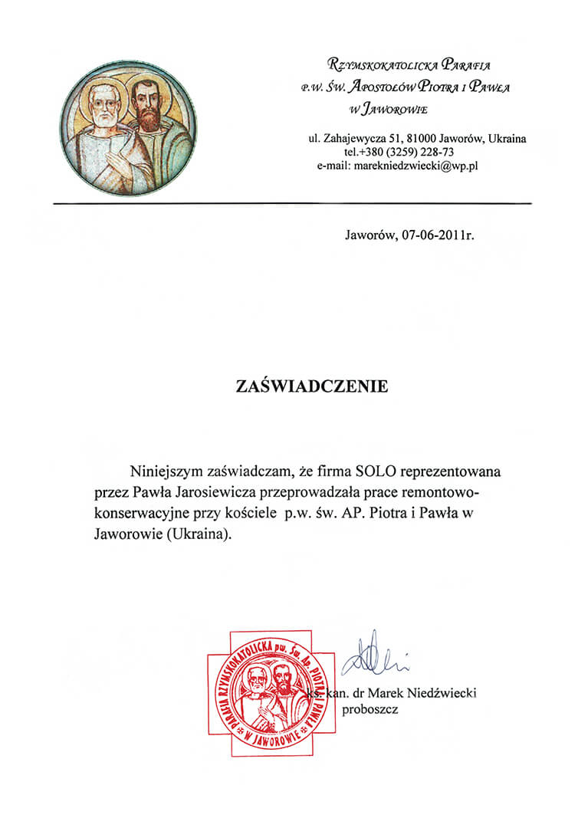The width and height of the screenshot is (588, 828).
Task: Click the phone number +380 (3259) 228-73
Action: tap(410, 152)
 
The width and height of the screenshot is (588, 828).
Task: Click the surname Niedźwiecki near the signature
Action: tap(442, 694)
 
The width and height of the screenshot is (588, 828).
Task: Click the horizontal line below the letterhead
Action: tap(292, 203)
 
